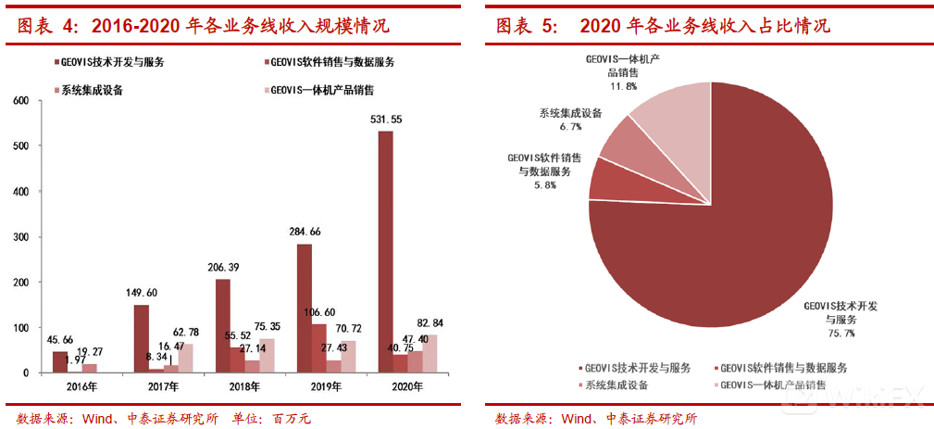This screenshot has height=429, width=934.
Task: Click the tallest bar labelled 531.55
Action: click(385, 251)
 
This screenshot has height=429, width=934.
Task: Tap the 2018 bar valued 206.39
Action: click(223, 325)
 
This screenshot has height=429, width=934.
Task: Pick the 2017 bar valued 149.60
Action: click(141, 338)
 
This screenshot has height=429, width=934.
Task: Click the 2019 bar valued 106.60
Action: click(318, 348)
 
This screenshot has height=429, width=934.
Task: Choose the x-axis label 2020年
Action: click(400, 385)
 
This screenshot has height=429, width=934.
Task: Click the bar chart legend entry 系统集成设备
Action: click(92, 90)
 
